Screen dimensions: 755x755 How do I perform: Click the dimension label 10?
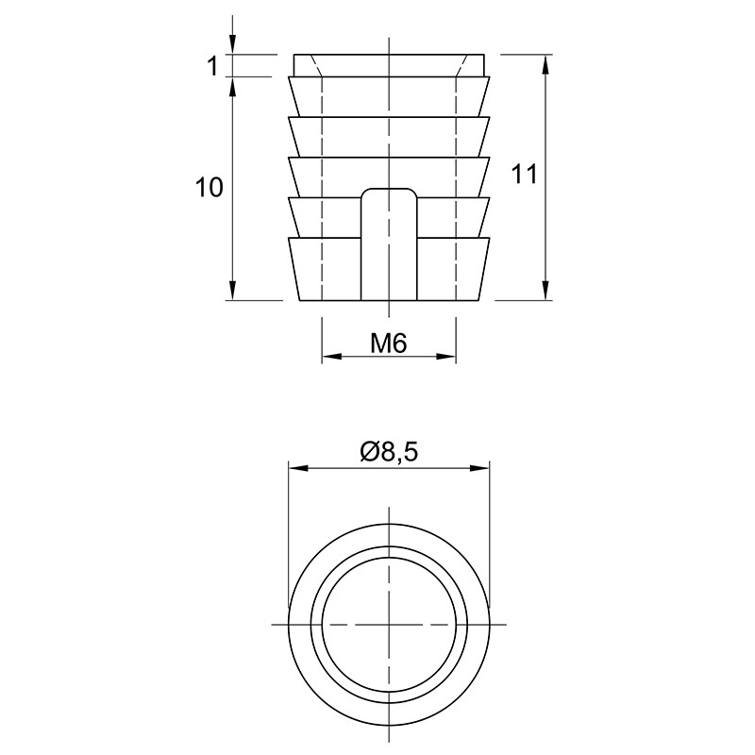coord(209,187)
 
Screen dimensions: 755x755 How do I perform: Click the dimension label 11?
coord(524,174)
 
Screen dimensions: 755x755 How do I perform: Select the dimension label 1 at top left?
coord(212,65)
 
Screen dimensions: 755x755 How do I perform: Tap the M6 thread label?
coord(389,344)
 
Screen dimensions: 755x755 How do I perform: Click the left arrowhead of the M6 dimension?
coord(331,357)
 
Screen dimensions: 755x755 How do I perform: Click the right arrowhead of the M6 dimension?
coord(445,357)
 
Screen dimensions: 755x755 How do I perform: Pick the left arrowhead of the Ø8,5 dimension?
coord(298,468)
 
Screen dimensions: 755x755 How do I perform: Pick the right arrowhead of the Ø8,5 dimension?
coord(479,468)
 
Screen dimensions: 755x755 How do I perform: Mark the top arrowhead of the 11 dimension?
coord(545,65)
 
